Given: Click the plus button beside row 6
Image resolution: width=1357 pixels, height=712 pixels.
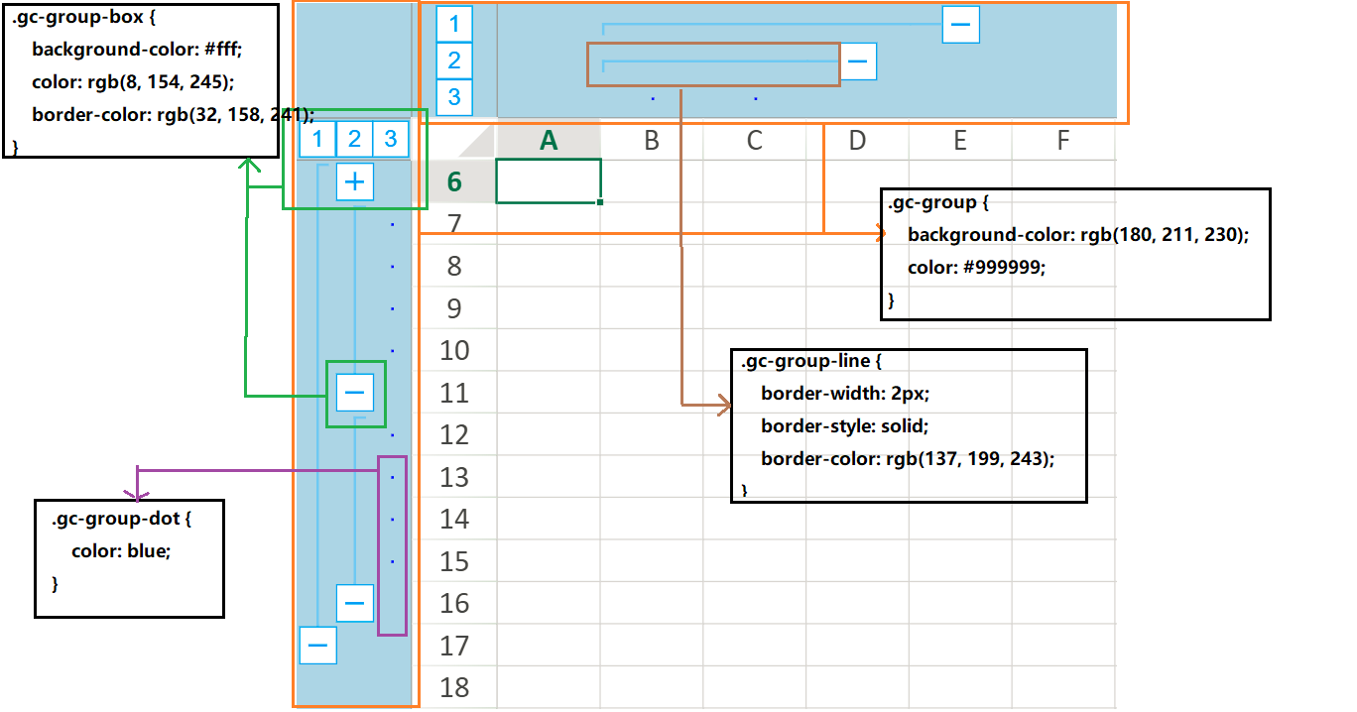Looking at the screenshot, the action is click(355, 181).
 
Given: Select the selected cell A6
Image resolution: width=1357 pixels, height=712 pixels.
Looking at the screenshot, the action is click(549, 181).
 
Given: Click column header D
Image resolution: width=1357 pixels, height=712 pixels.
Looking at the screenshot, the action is click(857, 141).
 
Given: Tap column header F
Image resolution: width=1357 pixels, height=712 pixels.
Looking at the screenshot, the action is click(1063, 141).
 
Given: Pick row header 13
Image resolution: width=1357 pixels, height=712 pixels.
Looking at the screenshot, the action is click(454, 477).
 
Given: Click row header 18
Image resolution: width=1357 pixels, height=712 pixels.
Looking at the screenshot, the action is click(454, 687).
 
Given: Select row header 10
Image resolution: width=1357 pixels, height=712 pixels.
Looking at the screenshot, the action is click(454, 351).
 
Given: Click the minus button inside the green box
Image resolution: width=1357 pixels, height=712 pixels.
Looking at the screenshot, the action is click(355, 393).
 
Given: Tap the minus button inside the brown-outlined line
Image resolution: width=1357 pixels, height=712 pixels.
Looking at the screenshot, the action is click(858, 61).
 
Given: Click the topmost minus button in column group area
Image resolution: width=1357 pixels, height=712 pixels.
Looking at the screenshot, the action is click(961, 24).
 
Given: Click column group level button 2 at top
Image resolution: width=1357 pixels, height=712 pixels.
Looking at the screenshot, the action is click(454, 60).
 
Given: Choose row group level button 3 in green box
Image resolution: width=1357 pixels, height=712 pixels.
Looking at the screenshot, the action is click(391, 139).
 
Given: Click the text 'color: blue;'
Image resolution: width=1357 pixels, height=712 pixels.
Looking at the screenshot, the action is click(121, 551).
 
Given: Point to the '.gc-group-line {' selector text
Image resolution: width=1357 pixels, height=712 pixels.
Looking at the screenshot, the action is click(810, 361).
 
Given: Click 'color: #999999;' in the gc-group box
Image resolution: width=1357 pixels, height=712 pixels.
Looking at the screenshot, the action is click(976, 267).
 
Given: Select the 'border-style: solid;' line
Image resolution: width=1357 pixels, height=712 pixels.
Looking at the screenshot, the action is click(844, 426).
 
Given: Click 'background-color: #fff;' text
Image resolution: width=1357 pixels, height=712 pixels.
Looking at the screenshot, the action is click(137, 49).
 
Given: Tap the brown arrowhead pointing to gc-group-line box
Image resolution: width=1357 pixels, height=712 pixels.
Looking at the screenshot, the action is click(724, 405).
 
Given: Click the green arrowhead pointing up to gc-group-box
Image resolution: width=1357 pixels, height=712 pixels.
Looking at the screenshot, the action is click(248, 164).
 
